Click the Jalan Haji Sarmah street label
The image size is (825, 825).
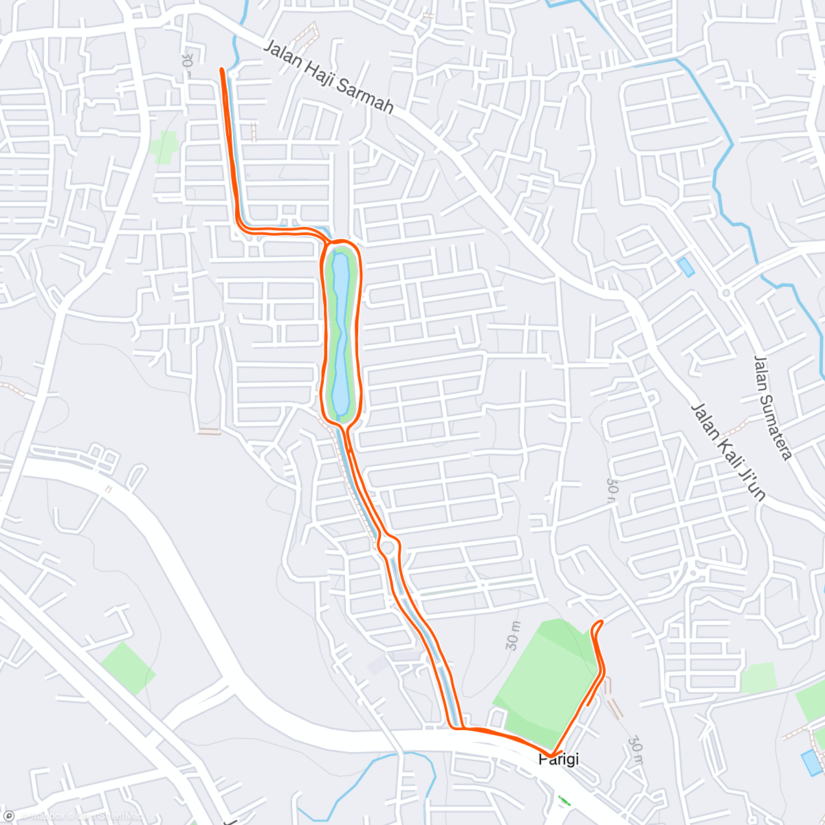point(329,77)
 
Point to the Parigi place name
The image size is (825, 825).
point(558,760)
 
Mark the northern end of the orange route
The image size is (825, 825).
point(221,69)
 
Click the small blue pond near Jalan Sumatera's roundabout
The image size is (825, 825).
point(685,267)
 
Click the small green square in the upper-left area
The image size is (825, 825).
point(164,147)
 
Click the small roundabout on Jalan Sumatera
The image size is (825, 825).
point(726,293)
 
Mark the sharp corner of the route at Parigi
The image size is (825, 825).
point(552,756)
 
